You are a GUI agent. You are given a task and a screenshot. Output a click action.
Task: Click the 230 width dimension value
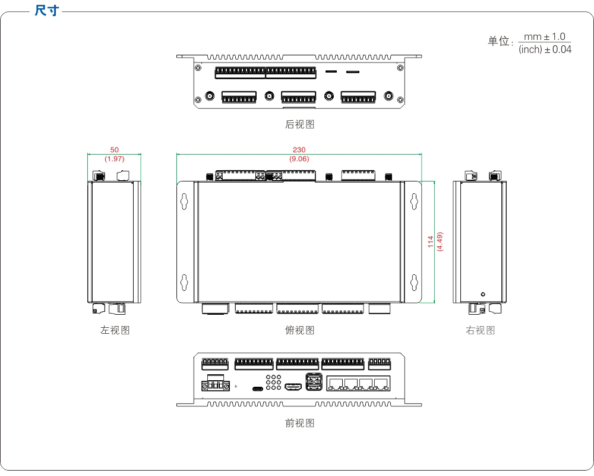coord(299,150)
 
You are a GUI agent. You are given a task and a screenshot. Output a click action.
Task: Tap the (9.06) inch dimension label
coord(299,159)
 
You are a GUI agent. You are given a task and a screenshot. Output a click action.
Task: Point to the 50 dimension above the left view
coord(114,150)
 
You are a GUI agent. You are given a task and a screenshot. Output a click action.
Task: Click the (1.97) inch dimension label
coord(114,159)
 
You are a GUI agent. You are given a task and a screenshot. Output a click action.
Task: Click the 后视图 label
coord(299,124)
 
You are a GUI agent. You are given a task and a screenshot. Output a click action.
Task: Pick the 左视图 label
coord(115,330)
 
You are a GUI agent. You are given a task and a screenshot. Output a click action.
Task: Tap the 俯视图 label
coord(299,330)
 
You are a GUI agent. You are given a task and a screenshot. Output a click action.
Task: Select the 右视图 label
coord(480,330)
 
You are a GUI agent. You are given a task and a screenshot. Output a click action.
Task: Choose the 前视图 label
coord(299,423)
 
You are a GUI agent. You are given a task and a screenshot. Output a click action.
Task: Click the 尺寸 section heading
coord(46,11)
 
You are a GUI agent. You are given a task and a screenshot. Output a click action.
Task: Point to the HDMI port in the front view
coord(293,387)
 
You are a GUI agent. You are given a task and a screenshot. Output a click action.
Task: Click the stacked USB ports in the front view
coord(314,382)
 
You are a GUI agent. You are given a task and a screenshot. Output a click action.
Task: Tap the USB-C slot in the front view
coord(258,389)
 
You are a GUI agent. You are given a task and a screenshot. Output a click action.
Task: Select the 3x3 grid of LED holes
coord(273,383)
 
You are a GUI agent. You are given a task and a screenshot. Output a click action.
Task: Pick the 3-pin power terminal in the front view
coord(216,385)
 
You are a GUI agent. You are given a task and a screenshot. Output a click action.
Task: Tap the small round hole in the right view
coord(482,295)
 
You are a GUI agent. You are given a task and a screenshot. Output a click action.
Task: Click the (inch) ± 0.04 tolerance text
coord(545,50)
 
